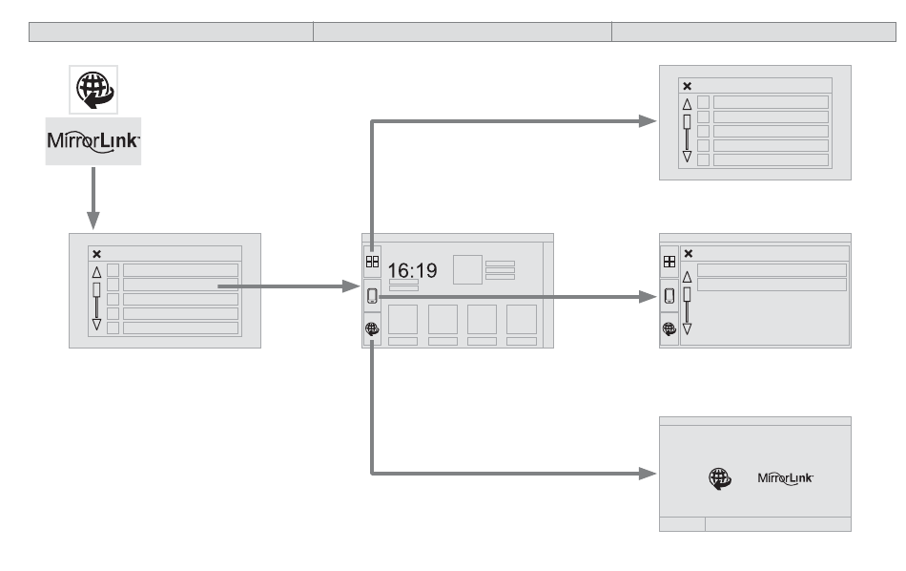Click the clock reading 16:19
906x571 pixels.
[412, 271]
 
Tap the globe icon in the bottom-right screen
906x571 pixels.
[718, 477]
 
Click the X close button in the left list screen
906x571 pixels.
[96, 254]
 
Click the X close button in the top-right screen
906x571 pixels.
[687, 86]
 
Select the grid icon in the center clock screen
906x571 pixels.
[372, 260]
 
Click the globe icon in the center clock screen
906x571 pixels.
[372, 328]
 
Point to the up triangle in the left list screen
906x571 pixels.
[96, 272]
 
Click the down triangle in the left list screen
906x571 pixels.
[96, 325]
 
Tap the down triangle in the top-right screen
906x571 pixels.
[687, 157]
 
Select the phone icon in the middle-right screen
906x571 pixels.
[669, 294]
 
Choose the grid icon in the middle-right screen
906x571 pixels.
[669, 260]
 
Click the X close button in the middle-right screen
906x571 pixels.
[689, 254]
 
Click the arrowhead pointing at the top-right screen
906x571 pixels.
[649, 121]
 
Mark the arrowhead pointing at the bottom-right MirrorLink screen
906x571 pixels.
[649, 473]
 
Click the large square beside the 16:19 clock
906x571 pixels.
[466, 268]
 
